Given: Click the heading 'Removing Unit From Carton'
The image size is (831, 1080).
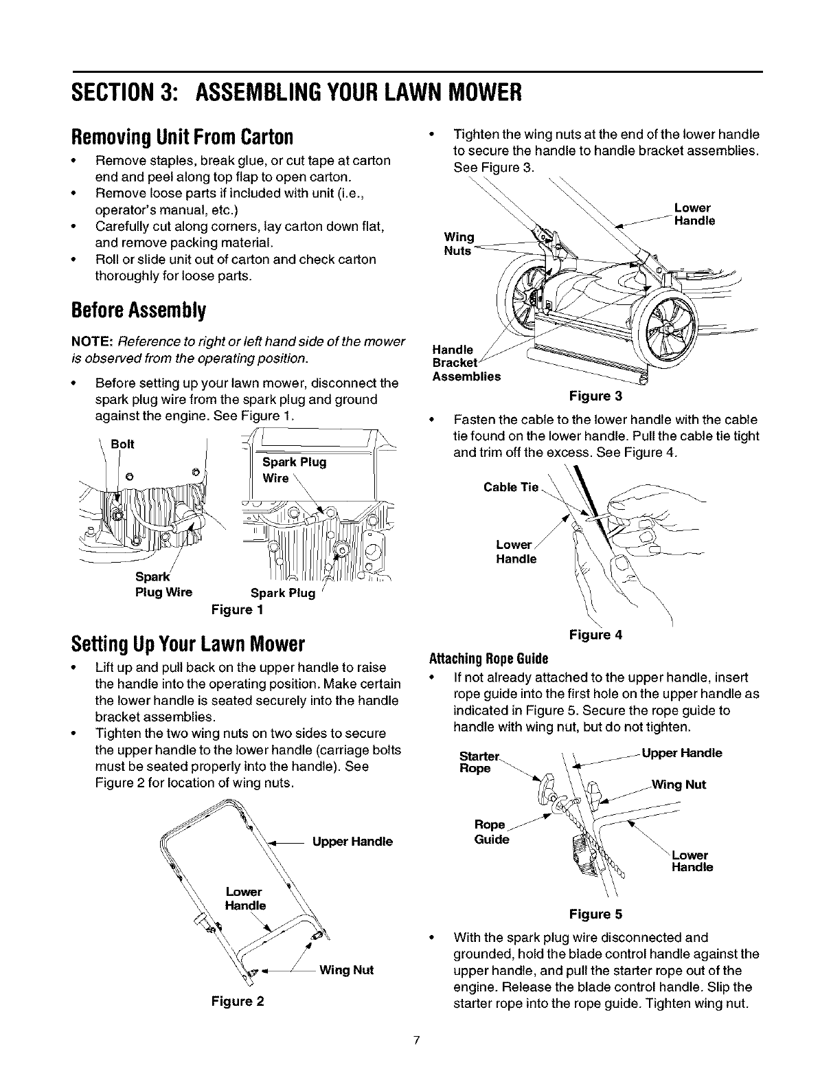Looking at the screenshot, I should [x=183, y=137].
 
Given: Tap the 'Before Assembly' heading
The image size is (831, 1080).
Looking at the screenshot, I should [x=138, y=311].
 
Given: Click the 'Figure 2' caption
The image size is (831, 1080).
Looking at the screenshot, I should [x=237, y=1001].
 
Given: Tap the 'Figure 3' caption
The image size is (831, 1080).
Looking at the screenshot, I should [x=594, y=396].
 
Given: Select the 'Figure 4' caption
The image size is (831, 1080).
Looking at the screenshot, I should [x=595, y=635].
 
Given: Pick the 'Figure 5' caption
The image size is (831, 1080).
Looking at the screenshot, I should [x=595, y=914].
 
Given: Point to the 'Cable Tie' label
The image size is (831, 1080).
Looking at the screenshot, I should [x=511, y=487].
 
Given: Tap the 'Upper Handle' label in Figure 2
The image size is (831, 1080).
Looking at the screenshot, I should [x=352, y=842].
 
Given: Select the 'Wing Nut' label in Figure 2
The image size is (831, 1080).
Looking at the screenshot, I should [x=347, y=970].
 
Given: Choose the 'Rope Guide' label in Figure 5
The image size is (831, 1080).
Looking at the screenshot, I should [x=492, y=832].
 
